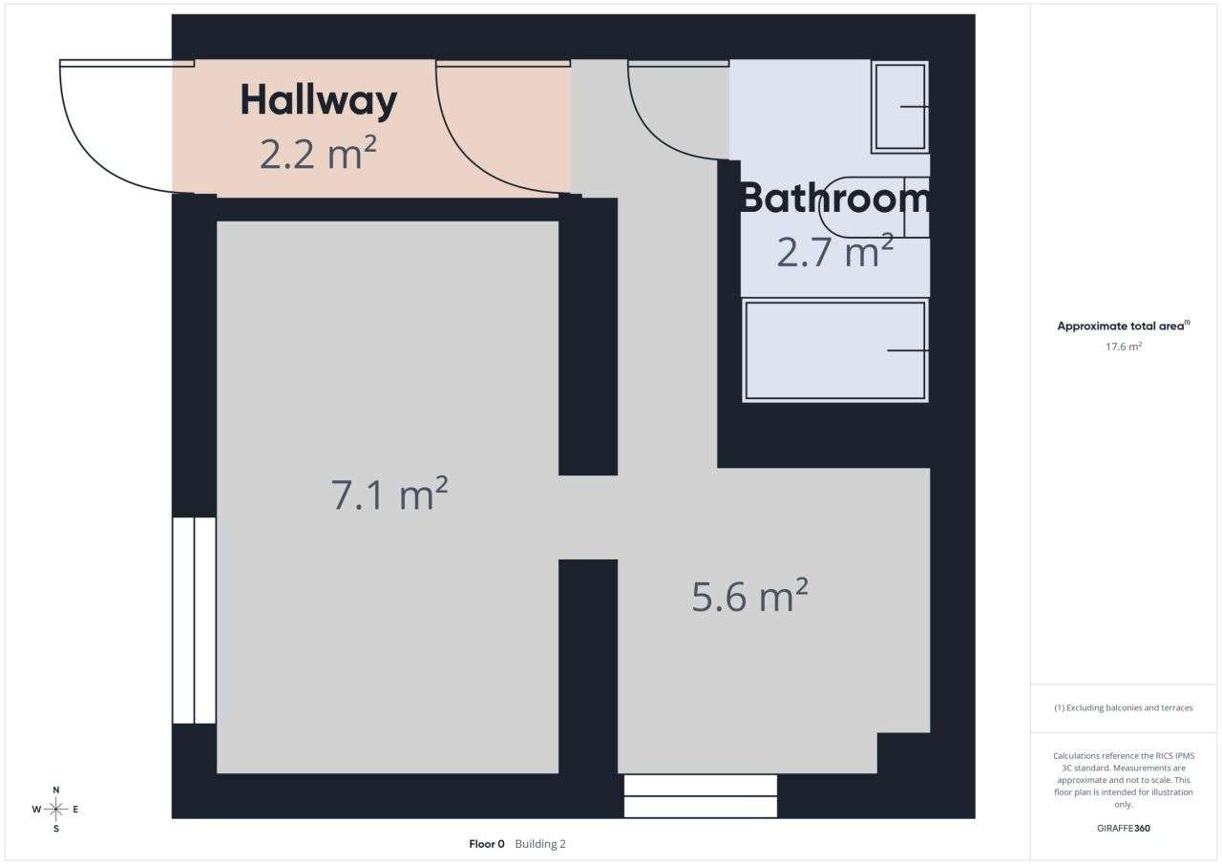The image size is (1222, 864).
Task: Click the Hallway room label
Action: pos(318,101)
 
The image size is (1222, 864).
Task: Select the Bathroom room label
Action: pos(834,198)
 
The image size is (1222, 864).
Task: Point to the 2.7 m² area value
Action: pos(834,252)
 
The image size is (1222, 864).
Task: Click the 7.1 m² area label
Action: pos(390,495)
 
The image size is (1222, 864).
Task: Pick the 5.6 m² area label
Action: pos(749,597)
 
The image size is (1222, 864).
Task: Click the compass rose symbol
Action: pos(56,810)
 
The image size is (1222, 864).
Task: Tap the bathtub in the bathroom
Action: pos(834,350)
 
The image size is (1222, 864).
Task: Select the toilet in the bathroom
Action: pos(874,207)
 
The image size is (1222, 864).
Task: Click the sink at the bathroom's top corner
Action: pos(899,107)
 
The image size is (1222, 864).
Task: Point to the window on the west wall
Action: pos(194,621)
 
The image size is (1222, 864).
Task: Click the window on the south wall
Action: pos(700,796)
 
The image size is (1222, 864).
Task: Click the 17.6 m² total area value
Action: pos(1124,347)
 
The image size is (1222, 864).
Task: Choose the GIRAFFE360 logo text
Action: pos(1124,828)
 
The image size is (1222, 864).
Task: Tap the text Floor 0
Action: pos(486,844)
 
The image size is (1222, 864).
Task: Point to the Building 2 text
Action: pos(540,844)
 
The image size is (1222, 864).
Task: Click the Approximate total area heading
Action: pos(1123,326)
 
